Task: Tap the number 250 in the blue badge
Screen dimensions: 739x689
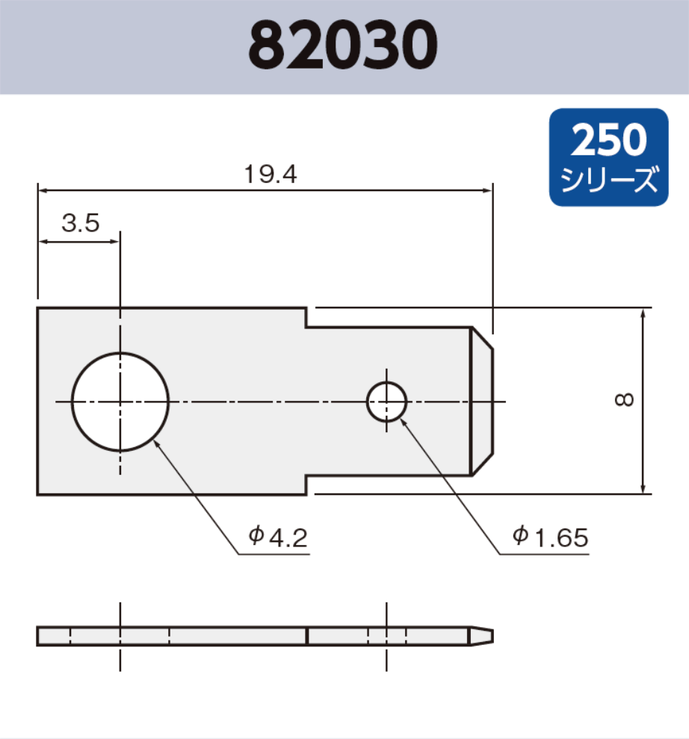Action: (x=608, y=140)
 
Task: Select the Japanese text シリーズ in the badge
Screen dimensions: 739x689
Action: (x=608, y=180)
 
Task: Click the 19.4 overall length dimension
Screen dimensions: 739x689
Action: (x=271, y=175)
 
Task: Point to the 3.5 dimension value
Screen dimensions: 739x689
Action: (x=80, y=224)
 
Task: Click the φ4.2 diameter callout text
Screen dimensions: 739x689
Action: (x=278, y=537)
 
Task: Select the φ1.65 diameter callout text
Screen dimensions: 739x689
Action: (x=551, y=537)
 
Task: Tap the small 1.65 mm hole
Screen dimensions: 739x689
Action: (x=386, y=402)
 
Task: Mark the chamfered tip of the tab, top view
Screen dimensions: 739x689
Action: (x=483, y=401)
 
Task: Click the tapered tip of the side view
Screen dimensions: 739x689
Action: (x=481, y=636)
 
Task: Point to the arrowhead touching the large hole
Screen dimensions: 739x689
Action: (x=157, y=442)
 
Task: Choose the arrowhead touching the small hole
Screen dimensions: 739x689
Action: (x=404, y=420)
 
